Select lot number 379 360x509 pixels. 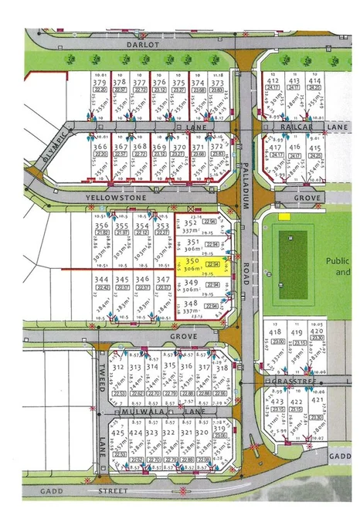pos(99,82)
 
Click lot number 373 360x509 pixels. pos(217,82)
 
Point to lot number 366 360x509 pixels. pos(100,146)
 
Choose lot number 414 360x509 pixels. pos(314,80)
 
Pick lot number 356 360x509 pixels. pos(101,226)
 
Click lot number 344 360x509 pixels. pos(101,279)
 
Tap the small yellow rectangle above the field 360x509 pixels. pos(284,217)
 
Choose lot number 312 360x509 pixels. pos(118,368)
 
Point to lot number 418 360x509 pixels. pos(276,331)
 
